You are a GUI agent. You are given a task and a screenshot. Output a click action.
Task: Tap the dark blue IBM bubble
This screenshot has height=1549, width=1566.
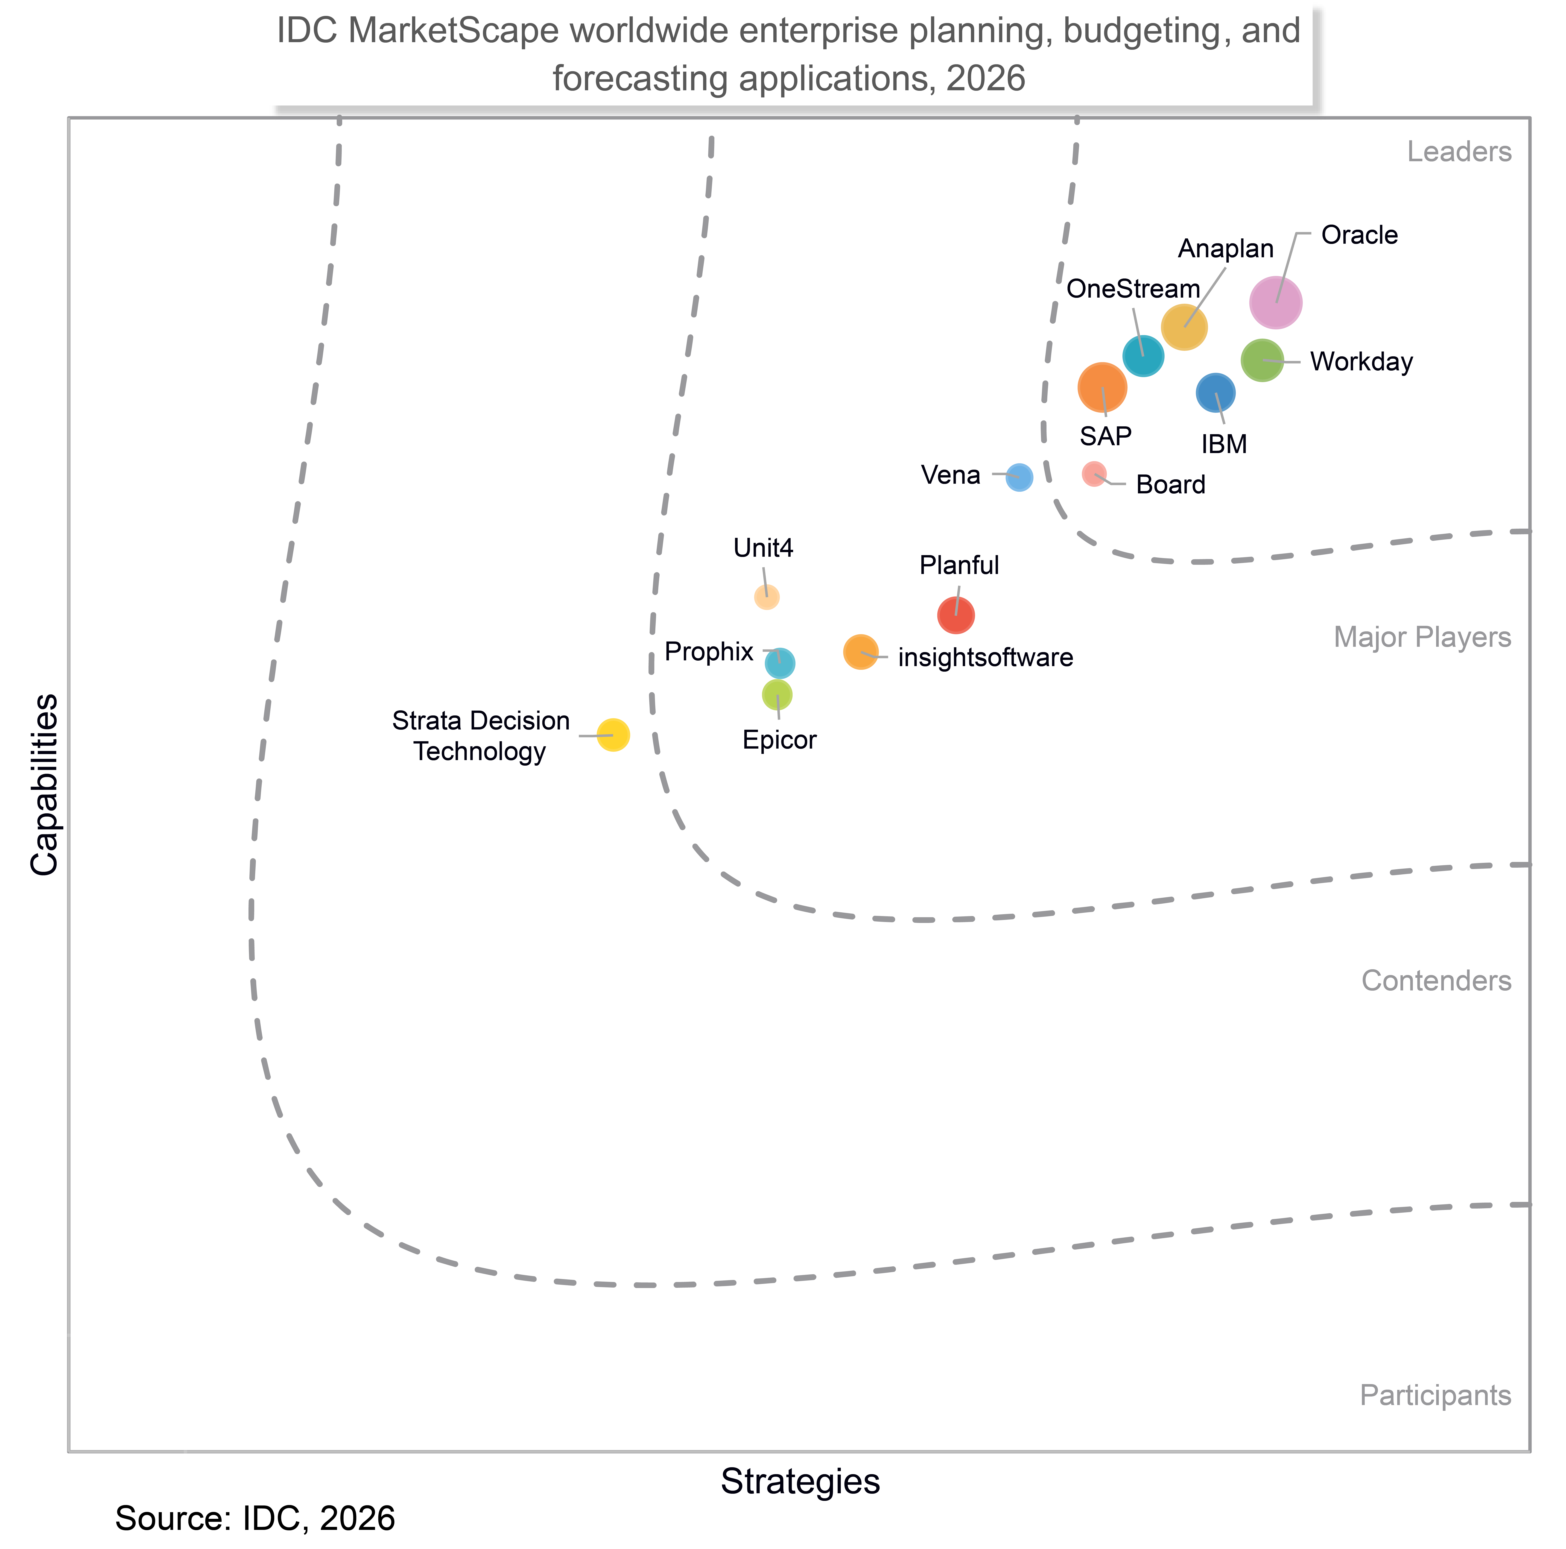tap(1215, 393)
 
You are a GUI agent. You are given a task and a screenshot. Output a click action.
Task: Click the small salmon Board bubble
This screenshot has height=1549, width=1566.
tap(1094, 474)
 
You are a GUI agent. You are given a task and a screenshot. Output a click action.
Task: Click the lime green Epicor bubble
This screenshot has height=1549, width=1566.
tap(777, 695)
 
